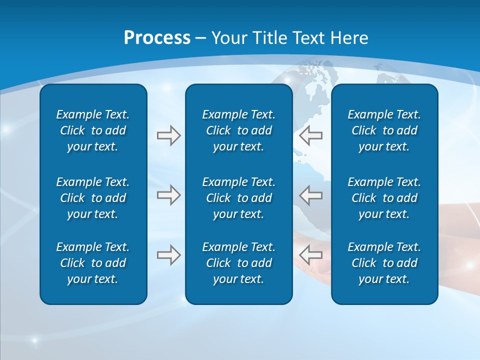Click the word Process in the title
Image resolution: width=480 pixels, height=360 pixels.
[157, 38]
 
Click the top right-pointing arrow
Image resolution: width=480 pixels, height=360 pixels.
[168, 135]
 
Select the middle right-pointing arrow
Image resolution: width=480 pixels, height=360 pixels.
[168, 195]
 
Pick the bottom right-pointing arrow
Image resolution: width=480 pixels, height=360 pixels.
[168, 255]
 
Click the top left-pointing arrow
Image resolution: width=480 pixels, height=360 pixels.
[310, 135]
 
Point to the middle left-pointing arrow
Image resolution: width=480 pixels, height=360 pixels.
[310, 195]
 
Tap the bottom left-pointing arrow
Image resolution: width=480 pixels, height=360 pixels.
[310, 255]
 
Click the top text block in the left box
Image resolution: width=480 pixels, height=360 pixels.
[93, 130]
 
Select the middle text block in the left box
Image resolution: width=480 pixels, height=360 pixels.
[93, 198]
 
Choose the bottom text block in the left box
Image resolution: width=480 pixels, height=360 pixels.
[93, 263]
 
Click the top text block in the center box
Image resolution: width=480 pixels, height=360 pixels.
[238, 130]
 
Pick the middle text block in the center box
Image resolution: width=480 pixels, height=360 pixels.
[238, 198]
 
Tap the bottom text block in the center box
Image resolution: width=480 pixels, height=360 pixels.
[238, 263]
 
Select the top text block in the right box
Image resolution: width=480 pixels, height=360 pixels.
[384, 130]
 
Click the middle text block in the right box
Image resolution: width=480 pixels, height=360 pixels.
[384, 198]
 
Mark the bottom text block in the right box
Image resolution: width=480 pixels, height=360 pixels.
[384, 263]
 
